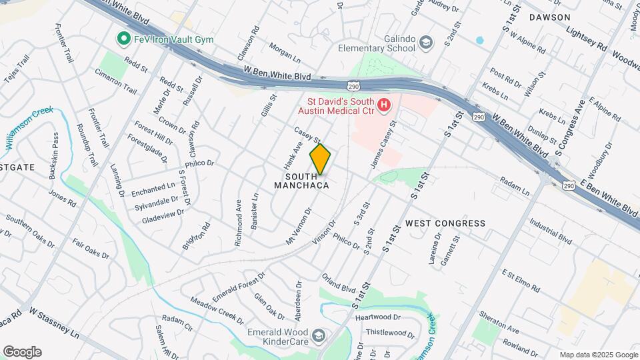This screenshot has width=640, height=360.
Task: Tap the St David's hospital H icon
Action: [x=383, y=105]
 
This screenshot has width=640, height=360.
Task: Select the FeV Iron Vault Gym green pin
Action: [x=123, y=39]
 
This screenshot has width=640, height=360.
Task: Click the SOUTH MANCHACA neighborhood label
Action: [x=301, y=181]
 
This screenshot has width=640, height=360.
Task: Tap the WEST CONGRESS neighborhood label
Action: [x=445, y=223]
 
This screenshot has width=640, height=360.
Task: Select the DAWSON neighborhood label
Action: [x=549, y=17]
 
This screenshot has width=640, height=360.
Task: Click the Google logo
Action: [x=22, y=352]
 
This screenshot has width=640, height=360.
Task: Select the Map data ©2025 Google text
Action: [x=598, y=355]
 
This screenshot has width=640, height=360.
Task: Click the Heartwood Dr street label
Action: [x=377, y=317]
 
